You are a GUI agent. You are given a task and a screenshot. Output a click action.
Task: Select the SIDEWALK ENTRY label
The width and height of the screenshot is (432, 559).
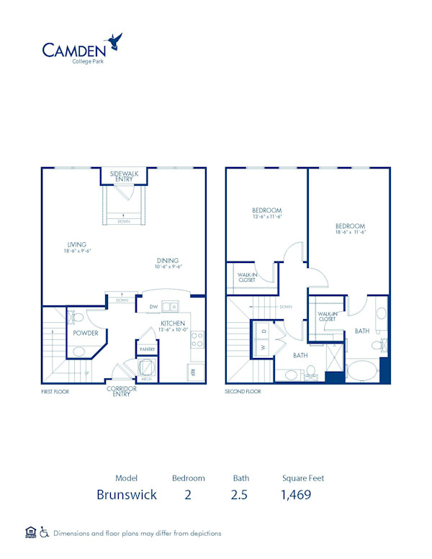[124, 176]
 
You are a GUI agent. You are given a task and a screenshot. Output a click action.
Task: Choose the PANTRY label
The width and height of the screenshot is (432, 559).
[147, 349]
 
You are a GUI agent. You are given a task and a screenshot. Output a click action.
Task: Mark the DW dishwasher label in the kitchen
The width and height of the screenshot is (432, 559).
[153, 307]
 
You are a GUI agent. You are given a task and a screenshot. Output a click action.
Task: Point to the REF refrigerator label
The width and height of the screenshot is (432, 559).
[193, 372]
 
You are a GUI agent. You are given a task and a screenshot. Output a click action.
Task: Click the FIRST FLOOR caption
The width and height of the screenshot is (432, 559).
[56, 392]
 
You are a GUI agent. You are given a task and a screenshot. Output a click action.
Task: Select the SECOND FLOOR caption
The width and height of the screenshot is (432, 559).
[243, 392]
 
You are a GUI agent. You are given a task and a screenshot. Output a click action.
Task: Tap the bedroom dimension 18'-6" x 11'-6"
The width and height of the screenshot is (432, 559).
[351, 232]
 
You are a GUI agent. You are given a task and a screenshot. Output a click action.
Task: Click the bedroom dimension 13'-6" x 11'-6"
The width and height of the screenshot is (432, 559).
[267, 216]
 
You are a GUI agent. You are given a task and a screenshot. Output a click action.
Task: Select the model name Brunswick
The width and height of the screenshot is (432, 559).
[126, 495]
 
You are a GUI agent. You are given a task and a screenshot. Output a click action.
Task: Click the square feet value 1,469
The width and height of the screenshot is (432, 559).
[296, 495]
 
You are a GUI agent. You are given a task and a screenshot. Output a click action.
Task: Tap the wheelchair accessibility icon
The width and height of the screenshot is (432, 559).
[44, 533]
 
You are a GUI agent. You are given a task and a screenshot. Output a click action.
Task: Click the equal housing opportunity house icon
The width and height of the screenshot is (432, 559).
[30, 532]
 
